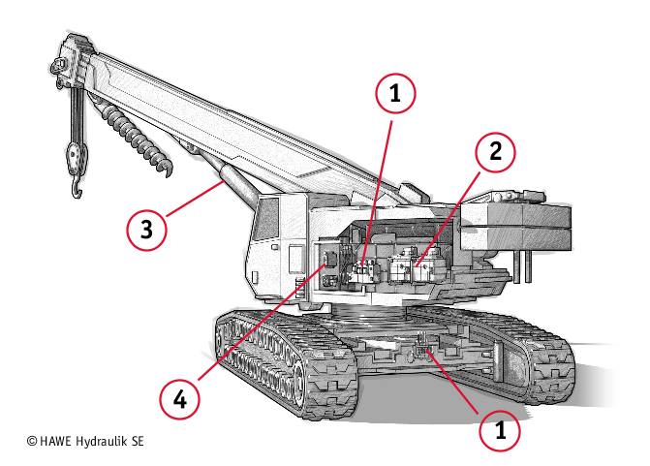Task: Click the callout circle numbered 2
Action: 495,152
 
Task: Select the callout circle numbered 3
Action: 146,230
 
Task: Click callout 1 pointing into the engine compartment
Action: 394,95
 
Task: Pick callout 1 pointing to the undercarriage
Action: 501,431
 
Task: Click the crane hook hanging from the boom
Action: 74,165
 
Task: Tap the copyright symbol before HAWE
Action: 32,440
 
